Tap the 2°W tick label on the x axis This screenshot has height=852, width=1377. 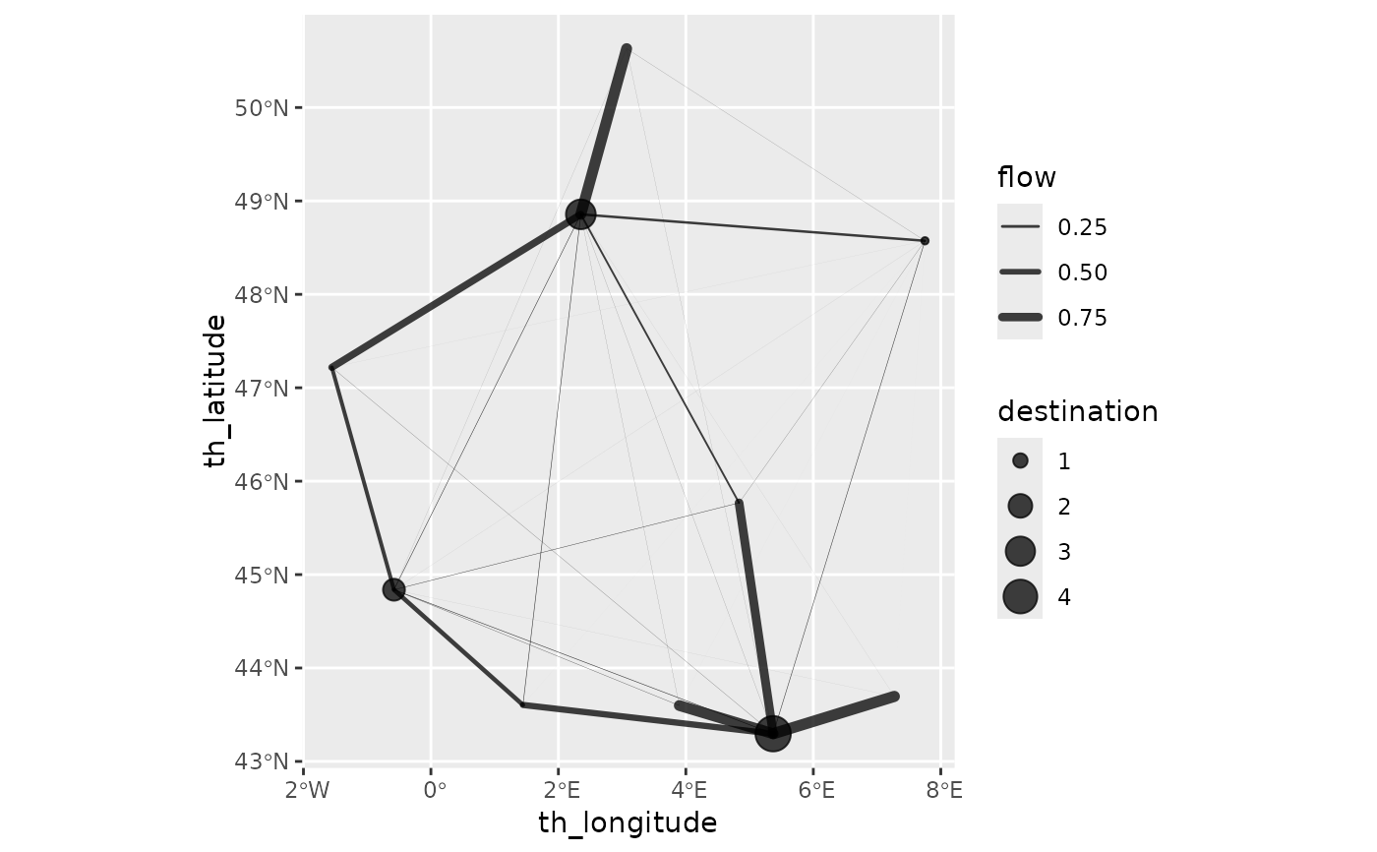(x=306, y=790)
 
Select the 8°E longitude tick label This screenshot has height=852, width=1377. (x=942, y=790)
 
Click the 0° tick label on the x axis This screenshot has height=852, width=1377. (x=433, y=790)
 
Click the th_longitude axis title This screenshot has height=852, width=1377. (x=628, y=822)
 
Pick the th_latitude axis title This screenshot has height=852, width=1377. (x=215, y=391)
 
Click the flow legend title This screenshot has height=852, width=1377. (x=1026, y=178)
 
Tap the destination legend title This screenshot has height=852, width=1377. (x=1077, y=411)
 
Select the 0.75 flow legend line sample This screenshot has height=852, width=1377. (x=1020, y=317)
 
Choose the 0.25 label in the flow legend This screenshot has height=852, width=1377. (x=1082, y=227)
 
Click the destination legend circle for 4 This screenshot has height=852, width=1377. (x=1020, y=596)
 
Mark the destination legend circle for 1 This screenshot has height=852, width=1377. (x=1020, y=460)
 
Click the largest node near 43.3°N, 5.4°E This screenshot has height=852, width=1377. (x=773, y=733)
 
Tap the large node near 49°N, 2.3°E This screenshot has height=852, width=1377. (x=580, y=213)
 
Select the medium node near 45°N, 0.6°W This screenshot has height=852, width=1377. (x=393, y=589)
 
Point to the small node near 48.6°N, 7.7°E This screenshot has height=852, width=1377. (x=925, y=241)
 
